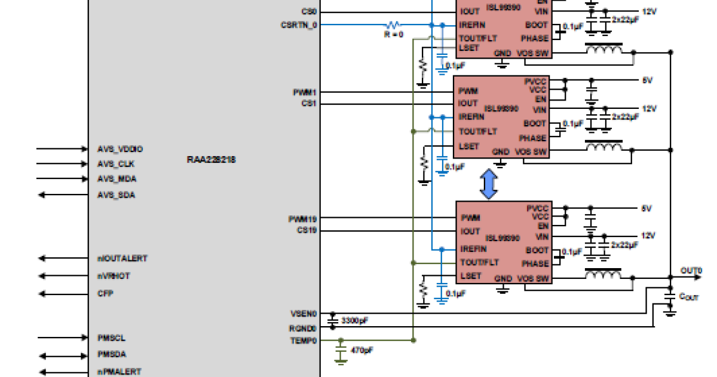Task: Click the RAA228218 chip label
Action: (210, 160)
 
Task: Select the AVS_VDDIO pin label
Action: (120, 148)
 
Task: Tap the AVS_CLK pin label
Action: (115, 164)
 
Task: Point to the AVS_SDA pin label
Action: (116, 194)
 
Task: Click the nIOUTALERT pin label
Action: (122, 259)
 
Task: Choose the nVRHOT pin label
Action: (114, 276)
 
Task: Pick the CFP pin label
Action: (105, 294)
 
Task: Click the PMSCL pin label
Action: (111, 338)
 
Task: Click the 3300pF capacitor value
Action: (354, 321)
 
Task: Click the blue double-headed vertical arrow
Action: (489, 184)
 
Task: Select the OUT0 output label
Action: (691, 270)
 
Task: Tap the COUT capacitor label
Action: (688, 297)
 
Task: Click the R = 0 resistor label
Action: (393, 35)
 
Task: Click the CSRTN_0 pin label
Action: (299, 25)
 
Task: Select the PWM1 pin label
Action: (305, 93)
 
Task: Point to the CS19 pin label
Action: (307, 230)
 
